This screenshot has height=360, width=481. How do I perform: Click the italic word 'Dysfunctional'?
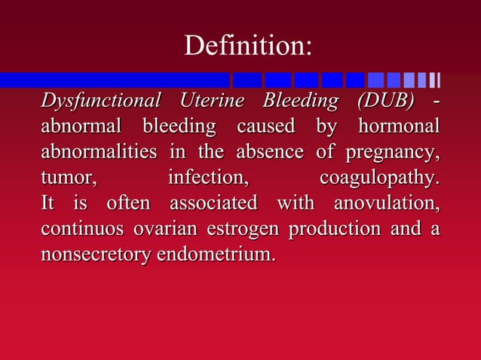pyautogui.click(x=100, y=100)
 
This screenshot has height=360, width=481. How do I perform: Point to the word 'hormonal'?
pyautogui.click(x=401, y=126)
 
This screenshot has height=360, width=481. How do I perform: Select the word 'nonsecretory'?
pyautogui.click(x=96, y=255)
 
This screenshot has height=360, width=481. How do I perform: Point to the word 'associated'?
pyautogui.click(x=213, y=203)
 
